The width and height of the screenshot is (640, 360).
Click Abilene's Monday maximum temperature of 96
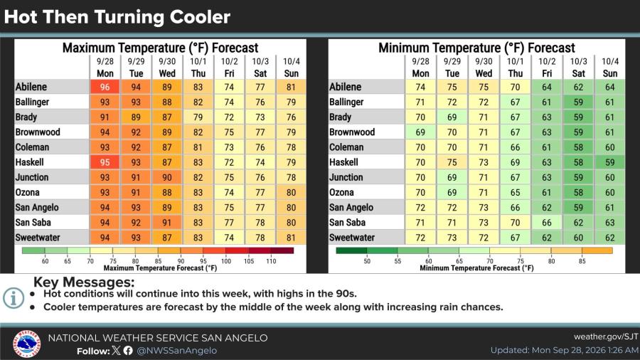pos(105,87)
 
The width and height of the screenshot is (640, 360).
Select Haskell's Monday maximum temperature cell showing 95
pos(105,162)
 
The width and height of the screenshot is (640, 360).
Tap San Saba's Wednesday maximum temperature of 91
pos(167,223)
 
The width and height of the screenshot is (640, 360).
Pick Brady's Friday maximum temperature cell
pos(229,117)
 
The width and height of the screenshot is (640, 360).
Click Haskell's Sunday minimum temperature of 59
pos(610,162)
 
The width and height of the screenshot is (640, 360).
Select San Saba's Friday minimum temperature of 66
pos(547,223)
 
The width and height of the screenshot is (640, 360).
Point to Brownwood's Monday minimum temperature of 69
pos(420,132)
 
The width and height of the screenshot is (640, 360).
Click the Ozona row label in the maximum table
pos(27,192)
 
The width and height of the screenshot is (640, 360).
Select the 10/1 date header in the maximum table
pos(198,62)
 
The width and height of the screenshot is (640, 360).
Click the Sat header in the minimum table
pos(578,73)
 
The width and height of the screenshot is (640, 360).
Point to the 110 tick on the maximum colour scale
pos(271,261)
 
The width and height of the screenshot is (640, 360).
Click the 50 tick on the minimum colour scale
pos(367,261)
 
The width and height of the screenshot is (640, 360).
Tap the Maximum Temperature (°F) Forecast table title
pos(161,48)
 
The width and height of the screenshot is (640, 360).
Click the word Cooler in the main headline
pos(200,17)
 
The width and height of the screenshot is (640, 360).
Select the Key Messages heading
pos(84,282)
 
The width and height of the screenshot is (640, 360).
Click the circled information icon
pos(14,298)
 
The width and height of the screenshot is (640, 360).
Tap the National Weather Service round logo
pos(26,343)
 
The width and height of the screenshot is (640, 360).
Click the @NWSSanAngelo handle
pos(177,351)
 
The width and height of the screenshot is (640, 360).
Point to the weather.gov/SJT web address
pos(606,337)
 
